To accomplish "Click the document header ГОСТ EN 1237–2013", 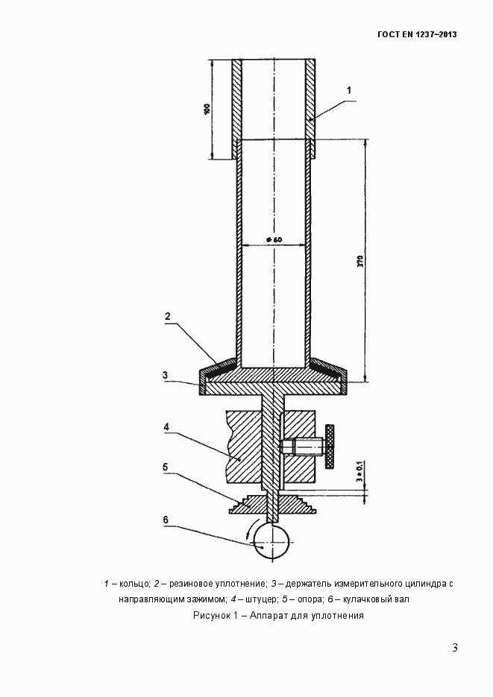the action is tap(416, 34).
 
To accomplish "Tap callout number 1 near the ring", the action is tap(349, 90).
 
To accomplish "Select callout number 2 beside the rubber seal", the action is tap(168, 317).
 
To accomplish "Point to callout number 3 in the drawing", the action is tap(165, 375).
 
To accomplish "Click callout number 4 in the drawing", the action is tap(166, 427).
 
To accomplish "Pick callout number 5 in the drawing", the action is tap(166, 467).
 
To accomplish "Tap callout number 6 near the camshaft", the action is tap(166, 520).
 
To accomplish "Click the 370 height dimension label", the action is tap(360, 261).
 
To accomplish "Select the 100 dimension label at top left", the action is tap(207, 110).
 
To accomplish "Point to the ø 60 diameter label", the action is tap(274, 239).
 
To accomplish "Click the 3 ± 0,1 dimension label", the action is tap(359, 473).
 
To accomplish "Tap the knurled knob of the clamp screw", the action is tap(330, 447).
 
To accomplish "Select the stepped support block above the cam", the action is tap(273, 505).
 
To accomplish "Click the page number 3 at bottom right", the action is tap(455, 648).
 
